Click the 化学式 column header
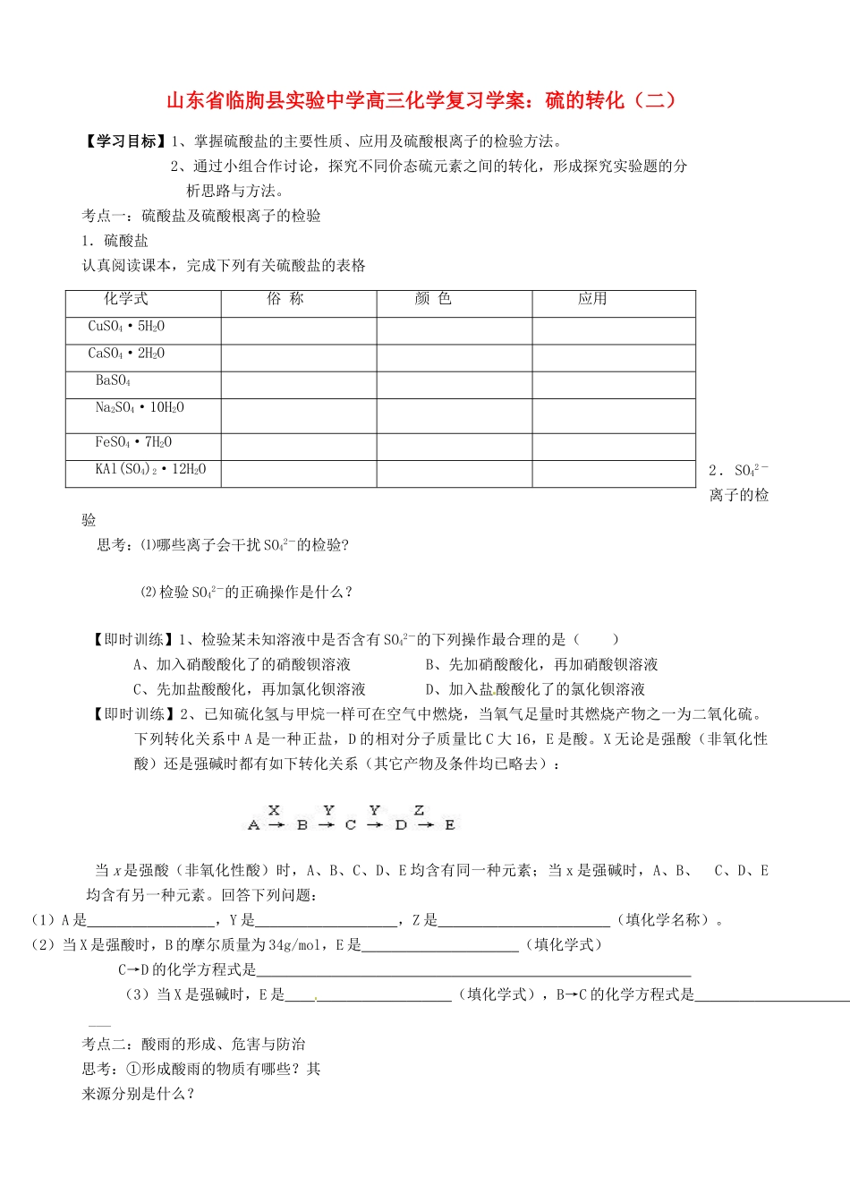126,299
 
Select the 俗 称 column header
285,299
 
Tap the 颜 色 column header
433,299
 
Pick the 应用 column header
592,299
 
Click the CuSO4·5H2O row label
126,327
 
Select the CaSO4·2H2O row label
126,354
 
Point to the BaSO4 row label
114,380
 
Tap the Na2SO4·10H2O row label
140,408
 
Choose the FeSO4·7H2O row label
133,442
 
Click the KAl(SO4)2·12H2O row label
150,469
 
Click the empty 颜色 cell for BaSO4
454,385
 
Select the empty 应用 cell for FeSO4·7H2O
613,447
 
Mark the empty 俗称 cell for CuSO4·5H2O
298,331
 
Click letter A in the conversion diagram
253,825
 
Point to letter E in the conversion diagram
449,825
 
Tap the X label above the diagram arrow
274,810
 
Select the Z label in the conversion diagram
419,810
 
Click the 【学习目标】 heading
124,141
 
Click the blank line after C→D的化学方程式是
473,969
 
